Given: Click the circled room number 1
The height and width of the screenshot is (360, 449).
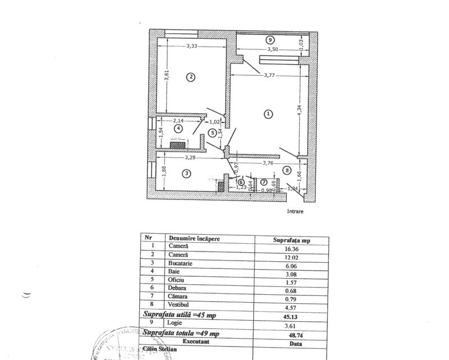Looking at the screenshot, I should click(x=268, y=113).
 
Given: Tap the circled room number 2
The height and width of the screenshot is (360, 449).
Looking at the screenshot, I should click(x=191, y=77).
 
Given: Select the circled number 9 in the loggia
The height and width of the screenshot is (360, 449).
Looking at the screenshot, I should click(x=270, y=40).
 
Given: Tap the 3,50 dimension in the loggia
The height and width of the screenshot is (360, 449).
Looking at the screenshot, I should click(x=273, y=49).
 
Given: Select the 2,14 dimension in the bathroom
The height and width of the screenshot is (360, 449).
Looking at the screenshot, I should click(x=178, y=120).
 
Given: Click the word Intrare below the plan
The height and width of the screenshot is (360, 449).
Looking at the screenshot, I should click(x=296, y=212).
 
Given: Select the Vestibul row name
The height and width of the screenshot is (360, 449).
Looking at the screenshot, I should click(x=181, y=305).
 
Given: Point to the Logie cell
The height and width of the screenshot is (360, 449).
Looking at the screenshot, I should click(x=175, y=323).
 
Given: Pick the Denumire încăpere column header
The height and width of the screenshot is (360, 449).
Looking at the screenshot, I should click(x=194, y=238).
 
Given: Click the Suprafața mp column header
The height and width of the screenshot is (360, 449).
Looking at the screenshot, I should click(x=292, y=239).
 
